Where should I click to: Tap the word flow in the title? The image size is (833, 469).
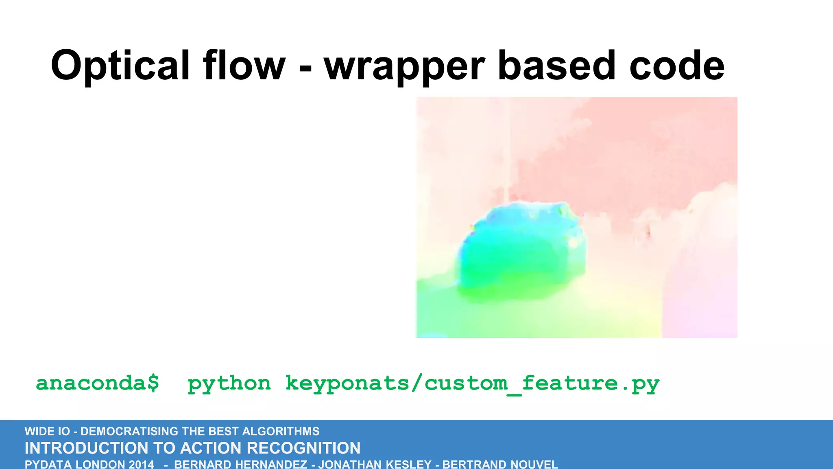[x=244, y=65]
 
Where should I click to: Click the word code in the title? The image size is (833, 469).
[x=677, y=65]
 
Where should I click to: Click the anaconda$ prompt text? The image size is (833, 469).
[x=98, y=383]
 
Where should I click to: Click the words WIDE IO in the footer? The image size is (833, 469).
[x=47, y=431]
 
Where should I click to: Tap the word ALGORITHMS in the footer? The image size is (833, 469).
[x=281, y=431]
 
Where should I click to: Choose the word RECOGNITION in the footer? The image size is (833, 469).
[x=303, y=448]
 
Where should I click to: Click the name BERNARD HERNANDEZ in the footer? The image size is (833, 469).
[x=240, y=465]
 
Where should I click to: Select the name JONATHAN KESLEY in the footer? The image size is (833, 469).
[x=375, y=465]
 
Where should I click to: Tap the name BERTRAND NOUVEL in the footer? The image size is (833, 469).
[x=500, y=465]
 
